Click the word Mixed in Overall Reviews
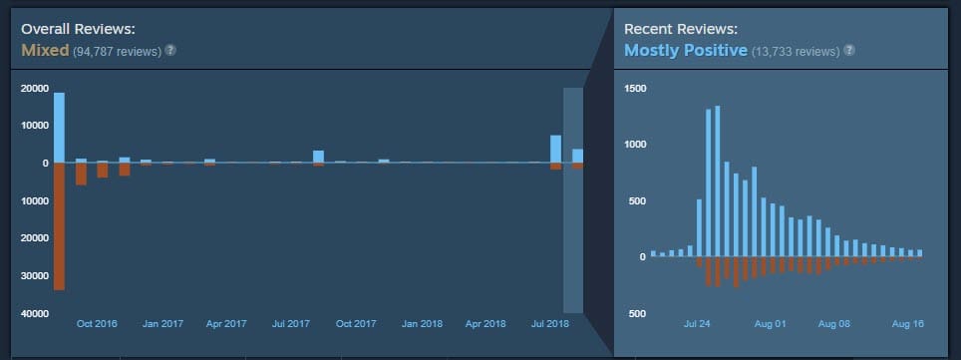(x=45, y=49)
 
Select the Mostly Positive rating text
(x=685, y=49)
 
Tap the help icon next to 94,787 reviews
(x=170, y=49)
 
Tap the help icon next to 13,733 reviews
(x=848, y=49)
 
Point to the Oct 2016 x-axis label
(x=97, y=324)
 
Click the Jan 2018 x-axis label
(x=423, y=324)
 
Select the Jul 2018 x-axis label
(x=551, y=324)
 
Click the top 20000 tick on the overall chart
(x=34, y=88)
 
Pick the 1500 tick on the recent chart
(x=635, y=88)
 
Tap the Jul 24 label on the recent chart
(x=698, y=324)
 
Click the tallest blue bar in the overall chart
(x=59, y=128)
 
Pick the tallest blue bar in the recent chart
(x=717, y=181)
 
